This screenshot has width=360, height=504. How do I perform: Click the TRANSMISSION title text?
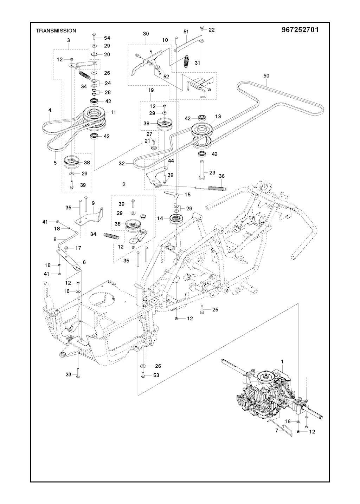pyautogui.click(x=56, y=31)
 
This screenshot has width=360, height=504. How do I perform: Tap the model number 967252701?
pyautogui.click(x=300, y=30)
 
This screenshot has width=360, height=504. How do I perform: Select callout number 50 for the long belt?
pyautogui.click(x=266, y=75)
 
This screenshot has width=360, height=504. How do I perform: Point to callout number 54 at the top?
pyautogui.click(x=107, y=38)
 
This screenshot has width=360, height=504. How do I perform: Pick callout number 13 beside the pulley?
pyautogui.click(x=218, y=117)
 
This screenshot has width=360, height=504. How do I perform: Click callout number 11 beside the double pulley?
pyautogui.click(x=113, y=112)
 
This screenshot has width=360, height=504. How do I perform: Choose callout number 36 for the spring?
pyautogui.click(x=221, y=176)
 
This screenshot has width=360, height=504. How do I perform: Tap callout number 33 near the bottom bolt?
pyautogui.click(x=69, y=375)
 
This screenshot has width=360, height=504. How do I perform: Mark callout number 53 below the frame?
pyautogui.click(x=156, y=375)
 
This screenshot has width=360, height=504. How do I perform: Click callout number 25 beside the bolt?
pyautogui.click(x=215, y=309)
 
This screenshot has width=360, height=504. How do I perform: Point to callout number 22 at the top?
pyautogui.click(x=211, y=30)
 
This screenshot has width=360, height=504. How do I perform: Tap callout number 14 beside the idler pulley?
pyautogui.click(x=160, y=218)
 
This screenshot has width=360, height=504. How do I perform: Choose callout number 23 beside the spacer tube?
pyautogui.click(x=212, y=172)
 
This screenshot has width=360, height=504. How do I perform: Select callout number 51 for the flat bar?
pyautogui.click(x=186, y=32)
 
